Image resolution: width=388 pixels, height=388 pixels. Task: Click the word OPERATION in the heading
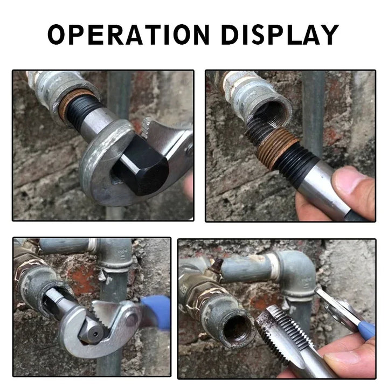[129, 34]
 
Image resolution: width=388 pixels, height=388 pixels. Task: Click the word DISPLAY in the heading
[280, 34]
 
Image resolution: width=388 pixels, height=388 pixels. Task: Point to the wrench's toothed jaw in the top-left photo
[145, 128]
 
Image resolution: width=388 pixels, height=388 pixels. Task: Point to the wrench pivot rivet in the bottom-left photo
[131, 319]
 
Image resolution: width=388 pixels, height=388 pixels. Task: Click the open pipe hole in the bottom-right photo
[235, 329]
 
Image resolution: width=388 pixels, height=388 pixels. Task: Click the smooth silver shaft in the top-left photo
[97, 122]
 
